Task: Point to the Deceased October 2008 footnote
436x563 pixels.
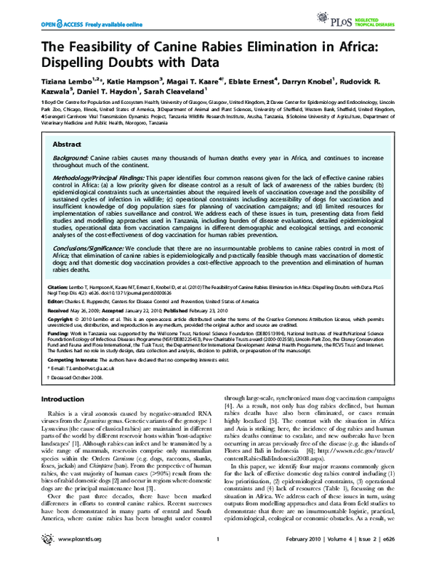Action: coord(76,378)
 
